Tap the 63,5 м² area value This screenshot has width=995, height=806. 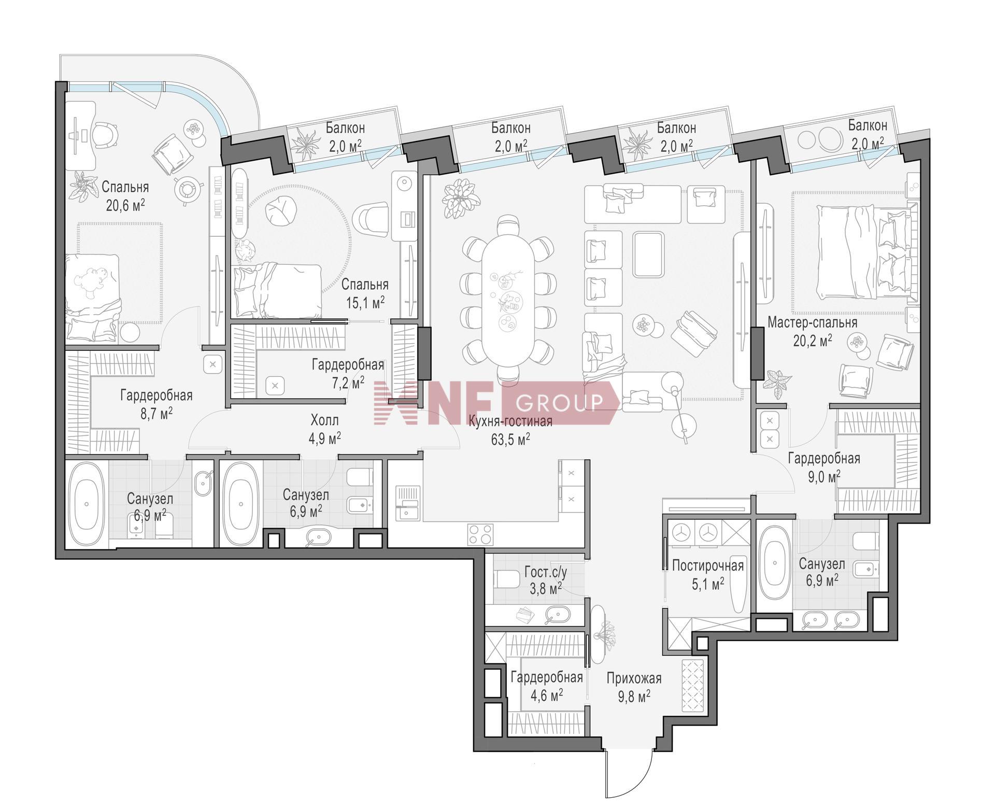[x=510, y=439]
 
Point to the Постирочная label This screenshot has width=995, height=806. [x=707, y=565]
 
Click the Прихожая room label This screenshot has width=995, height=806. [x=634, y=678]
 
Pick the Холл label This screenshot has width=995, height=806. [x=324, y=419]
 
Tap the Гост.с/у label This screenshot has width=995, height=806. [x=546, y=572]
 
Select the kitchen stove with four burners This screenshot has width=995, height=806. [x=480, y=534]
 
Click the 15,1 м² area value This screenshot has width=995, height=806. [x=365, y=302]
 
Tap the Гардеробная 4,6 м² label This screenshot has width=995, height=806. [x=546, y=686]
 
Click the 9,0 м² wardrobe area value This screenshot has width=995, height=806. [x=823, y=476]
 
